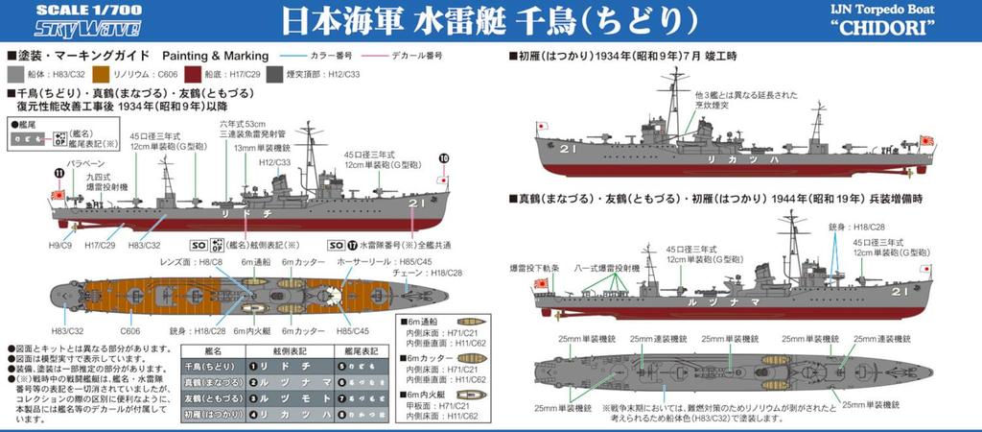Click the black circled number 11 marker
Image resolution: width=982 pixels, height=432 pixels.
[58, 174]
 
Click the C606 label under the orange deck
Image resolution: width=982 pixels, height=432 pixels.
[105, 331]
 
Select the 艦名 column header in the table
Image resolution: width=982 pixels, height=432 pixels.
[213, 351]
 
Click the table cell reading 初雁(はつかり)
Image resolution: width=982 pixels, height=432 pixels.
[213, 416]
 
